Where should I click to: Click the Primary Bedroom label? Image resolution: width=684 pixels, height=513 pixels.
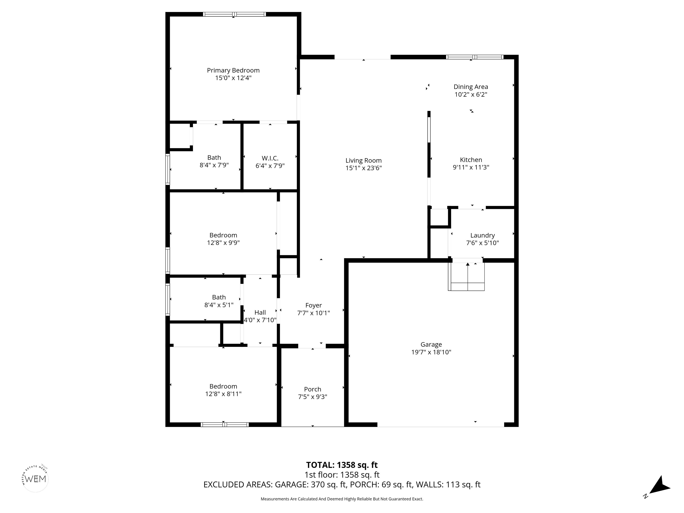pos(233,71)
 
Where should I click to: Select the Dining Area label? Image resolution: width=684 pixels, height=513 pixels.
pos(471,87)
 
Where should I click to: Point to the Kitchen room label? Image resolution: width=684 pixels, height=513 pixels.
pos(471,160)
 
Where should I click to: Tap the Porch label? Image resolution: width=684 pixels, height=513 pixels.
pos(312,389)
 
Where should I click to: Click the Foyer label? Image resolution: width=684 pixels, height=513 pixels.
pos(313,305)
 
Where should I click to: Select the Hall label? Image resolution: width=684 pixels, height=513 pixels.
pos(260,313)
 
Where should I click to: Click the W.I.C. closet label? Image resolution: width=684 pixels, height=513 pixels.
pos(270,158)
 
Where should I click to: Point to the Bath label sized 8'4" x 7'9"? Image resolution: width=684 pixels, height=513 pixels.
pos(214,158)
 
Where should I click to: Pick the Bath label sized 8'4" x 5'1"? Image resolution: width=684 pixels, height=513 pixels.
pos(219,297)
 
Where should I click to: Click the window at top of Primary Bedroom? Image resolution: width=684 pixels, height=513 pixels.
pos(234,14)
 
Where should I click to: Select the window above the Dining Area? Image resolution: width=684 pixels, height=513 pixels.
pos(474,57)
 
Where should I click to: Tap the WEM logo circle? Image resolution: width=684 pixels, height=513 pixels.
pos(36,479)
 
